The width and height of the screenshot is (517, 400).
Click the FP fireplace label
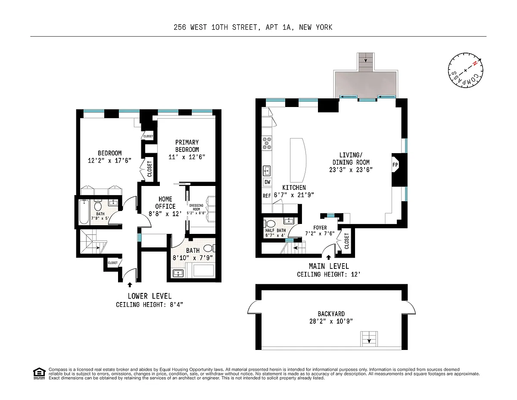395,165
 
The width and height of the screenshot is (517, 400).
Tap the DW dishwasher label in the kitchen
268,182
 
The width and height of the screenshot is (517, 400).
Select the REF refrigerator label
267,196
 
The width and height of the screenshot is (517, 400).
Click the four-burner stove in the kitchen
267,143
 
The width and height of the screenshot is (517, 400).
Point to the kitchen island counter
298,160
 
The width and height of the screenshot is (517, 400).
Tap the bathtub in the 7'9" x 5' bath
84,212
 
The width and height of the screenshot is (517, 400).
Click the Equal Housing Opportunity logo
39,374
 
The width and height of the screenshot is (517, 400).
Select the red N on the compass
475,63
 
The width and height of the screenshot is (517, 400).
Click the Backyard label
331,314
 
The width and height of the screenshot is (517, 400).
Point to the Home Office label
165,202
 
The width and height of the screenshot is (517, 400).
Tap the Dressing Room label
196,207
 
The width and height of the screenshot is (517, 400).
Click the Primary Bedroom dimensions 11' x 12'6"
187,157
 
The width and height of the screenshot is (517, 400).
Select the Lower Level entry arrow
130,285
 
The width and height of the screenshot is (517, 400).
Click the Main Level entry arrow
329,257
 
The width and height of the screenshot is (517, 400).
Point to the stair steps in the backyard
369,339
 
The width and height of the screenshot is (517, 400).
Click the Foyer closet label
346,241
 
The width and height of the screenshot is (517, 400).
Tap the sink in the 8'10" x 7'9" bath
178,273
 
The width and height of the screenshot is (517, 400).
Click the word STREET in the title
245,27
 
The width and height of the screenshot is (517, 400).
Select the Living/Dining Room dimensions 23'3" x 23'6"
351,170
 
